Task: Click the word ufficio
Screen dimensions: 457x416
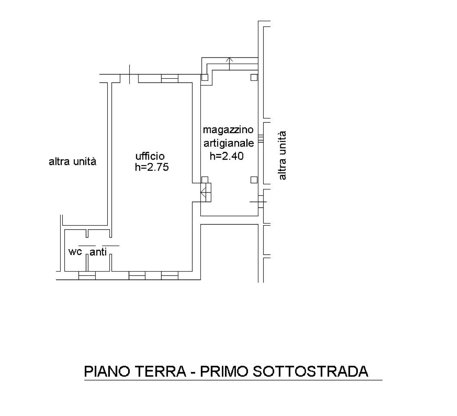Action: [150, 157]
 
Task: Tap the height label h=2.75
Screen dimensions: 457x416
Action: [152, 167]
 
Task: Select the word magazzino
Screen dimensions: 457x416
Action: [228, 130]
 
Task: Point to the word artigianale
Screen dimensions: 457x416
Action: [228, 143]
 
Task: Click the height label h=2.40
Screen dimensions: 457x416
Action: [227, 156]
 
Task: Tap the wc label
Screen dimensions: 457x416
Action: [75, 251]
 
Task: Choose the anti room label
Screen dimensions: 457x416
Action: [98, 252]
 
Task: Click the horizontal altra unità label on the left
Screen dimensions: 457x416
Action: [72, 161]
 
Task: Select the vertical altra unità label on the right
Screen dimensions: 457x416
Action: [282, 156]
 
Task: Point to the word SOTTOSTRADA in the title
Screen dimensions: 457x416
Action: [310, 371]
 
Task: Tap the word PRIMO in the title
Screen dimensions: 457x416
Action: [224, 371]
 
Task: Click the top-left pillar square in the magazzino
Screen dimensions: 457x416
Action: [205, 77]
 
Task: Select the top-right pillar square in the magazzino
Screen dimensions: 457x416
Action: [254, 77]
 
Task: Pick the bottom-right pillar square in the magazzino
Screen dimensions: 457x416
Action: [254, 180]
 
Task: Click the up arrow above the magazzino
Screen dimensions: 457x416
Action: [230, 64]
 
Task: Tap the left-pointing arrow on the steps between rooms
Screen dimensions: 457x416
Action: [203, 192]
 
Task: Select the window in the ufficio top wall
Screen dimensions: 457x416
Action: [170, 79]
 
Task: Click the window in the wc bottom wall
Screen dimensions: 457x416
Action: [87, 275]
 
